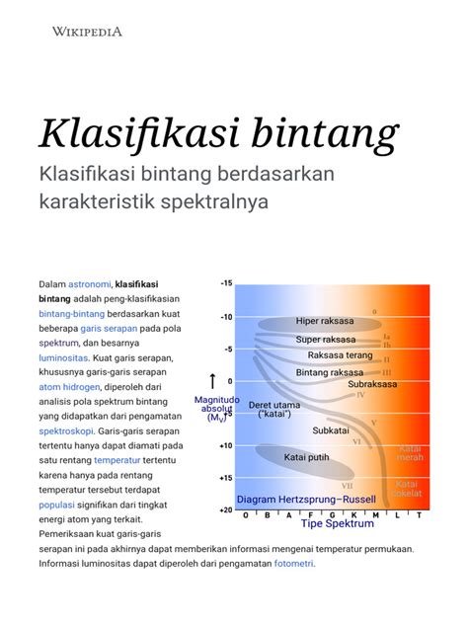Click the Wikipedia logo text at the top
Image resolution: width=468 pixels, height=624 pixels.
pos(87,32)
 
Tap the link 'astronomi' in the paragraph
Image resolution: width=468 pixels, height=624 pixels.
pos(88,284)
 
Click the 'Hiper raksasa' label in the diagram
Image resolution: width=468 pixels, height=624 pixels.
pos(324,321)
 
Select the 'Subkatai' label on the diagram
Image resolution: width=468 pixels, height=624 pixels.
pos(330,430)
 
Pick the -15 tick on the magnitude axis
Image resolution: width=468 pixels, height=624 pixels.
pos(226,284)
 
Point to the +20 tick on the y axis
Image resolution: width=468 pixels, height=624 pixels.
pos(226,510)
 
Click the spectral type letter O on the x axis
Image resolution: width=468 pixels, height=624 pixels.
pos(240,515)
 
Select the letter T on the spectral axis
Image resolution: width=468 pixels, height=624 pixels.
pos(419,515)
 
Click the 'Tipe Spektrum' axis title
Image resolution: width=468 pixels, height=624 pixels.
pos(337,524)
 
